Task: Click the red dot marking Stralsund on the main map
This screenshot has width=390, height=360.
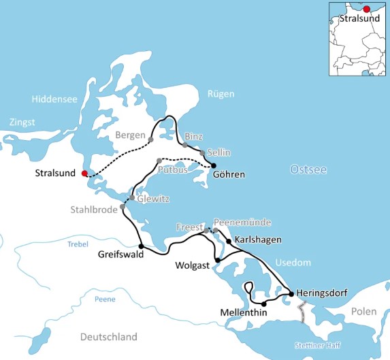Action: pos(84,174)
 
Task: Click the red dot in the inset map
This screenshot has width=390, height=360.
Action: pos(367,9)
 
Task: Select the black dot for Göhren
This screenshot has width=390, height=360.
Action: pos(213,165)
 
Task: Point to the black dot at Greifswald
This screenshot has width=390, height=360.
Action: pos(141,246)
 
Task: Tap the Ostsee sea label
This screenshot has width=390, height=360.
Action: pos(308,169)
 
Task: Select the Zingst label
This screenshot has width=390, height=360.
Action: pos(22,122)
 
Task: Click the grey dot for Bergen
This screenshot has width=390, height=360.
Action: pos(151,140)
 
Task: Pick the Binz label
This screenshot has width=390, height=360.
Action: pos(193,136)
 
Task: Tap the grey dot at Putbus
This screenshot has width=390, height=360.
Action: pos(159,161)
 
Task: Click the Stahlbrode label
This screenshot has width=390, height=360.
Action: pos(95,210)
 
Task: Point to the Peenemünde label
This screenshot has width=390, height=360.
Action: pos(242,222)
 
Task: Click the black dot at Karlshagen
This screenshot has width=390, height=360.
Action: pos(229,240)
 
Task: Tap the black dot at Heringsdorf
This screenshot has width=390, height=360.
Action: pos(291,294)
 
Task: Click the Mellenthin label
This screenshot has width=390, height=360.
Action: pos(244,312)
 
